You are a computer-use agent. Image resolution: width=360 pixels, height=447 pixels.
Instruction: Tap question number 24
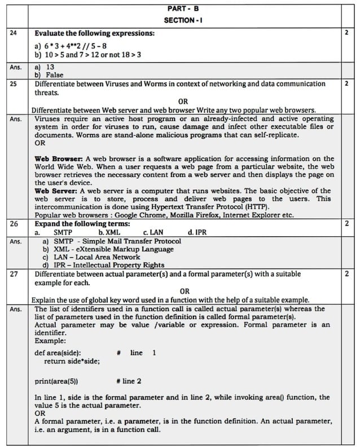point(14,33)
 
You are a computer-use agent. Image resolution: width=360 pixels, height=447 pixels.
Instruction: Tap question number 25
point(14,84)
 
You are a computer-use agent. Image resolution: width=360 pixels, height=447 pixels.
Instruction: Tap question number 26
point(14,224)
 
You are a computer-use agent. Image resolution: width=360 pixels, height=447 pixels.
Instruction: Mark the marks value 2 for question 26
point(345,224)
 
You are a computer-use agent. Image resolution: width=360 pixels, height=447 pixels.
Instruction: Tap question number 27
point(14,274)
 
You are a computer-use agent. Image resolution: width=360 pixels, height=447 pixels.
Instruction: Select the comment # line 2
point(129,380)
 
